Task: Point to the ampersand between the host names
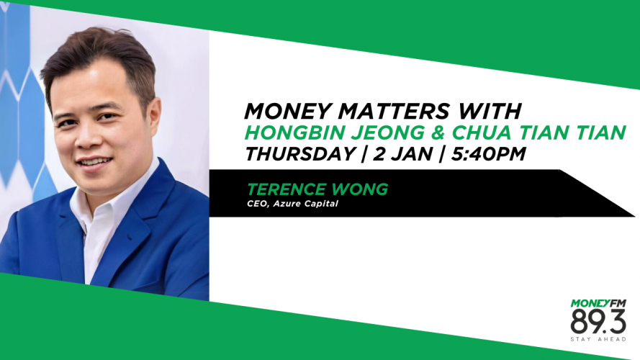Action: pyautogui.click(x=438, y=132)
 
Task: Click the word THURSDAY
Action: pyautogui.click(x=300, y=154)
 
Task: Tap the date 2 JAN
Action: pyautogui.click(x=402, y=154)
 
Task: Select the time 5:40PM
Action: pyautogui.click(x=488, y=154)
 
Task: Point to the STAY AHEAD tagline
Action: pyautogui.click(x=598, y=339)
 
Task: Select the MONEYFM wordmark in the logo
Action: pyautogui.click(x=598, y=303)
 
